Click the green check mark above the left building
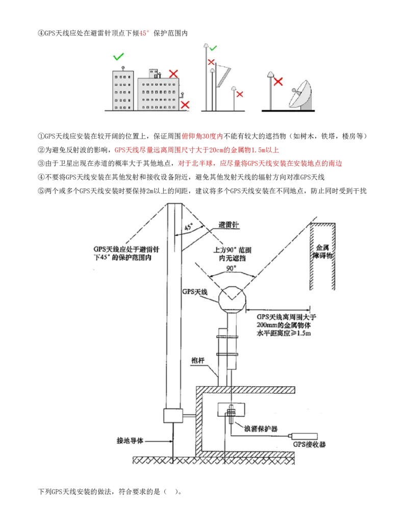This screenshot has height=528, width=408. tap(118, 56)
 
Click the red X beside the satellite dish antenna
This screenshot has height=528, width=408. tap(278, 82)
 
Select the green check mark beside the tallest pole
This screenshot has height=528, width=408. tap(213, 48)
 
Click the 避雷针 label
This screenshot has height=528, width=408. tap(228, 224)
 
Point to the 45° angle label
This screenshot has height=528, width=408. tap(189, 228)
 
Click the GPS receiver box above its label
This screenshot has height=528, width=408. tap(303, 436)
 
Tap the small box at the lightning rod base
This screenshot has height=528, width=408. tap(173, 416)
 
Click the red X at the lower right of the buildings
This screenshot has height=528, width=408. tap(185, 105)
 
